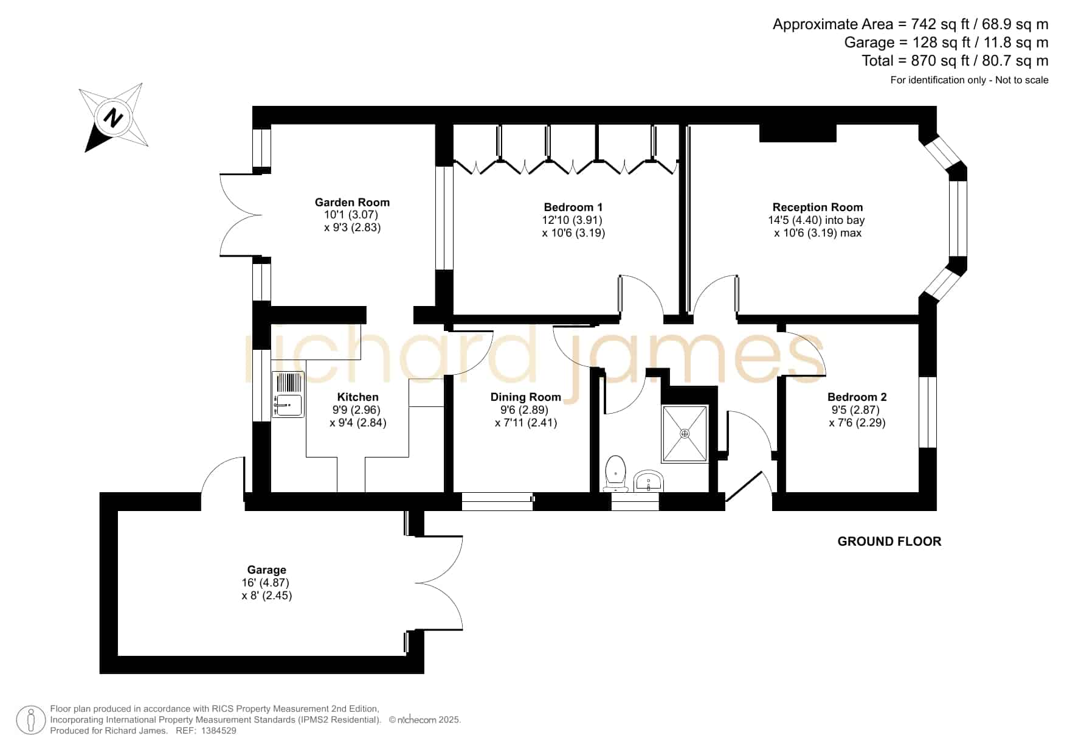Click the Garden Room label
pos(352,203)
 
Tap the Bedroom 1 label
pos(573,207)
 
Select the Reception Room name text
pos(818,207)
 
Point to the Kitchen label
pos(358,397)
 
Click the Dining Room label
pos(526,397)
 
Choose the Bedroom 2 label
pos(857,397)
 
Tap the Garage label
pos(266,570)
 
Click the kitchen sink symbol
pos(288,394)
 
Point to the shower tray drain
pos(685,434)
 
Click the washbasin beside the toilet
pos(649,481)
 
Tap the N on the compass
pos(112,117)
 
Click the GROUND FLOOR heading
pos(889,541)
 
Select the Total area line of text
pos(955,61)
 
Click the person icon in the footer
pos(30,720)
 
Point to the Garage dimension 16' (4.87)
pos(265,583)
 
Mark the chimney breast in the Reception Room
pos(797,133)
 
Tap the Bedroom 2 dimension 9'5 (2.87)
pos(855,410)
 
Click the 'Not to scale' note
pos(1022,80)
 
